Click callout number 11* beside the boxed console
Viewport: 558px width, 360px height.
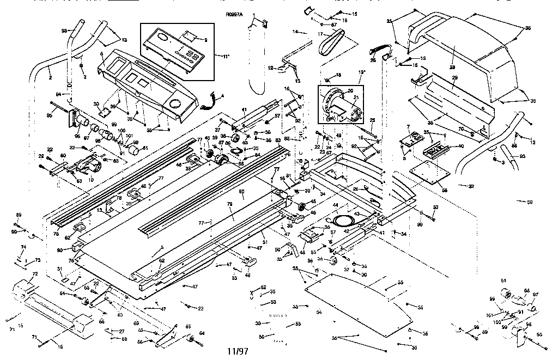[x=211, y=56]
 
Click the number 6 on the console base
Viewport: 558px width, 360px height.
[x=102, y=54]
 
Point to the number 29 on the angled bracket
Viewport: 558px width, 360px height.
[x=454, y=78]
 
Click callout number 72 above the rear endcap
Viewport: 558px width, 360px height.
[x=34, y=273]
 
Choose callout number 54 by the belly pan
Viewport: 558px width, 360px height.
[x=319, y=311]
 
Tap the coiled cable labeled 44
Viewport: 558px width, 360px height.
[x=344, y=219]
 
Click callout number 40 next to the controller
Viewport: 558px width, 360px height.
[x=461, y=146]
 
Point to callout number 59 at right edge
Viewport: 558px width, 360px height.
[x=529, y=203]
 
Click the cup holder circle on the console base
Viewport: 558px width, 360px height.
[x=175, y=103]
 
